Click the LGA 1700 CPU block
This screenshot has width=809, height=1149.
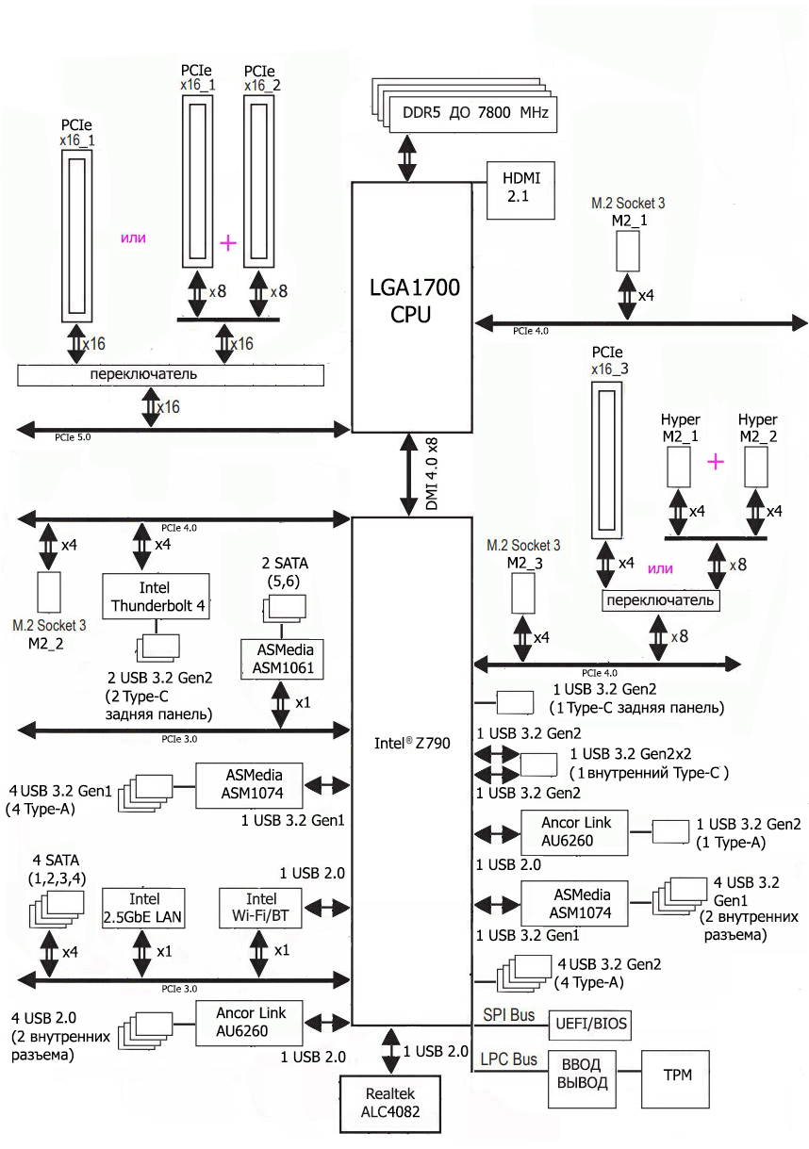[411, 307]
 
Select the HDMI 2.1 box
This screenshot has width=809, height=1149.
[520, 190]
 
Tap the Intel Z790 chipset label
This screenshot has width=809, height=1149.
[412, 744]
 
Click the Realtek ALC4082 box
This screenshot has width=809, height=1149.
[389, 1104]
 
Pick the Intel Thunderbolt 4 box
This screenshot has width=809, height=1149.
[156, 596]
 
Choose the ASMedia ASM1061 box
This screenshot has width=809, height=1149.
[282, 659]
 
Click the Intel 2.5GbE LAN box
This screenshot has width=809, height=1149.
[143, 908]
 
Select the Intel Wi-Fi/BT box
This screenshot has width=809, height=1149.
[260, 908]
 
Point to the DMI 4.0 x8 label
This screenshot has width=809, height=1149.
[432, 473]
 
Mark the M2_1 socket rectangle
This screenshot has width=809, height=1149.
[627, 251]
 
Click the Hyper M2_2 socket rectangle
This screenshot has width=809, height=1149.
[756, 467]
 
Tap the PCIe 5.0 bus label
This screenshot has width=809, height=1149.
[73, 437]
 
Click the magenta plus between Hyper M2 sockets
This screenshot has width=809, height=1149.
[716, 462]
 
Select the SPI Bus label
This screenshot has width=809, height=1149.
[508, 1014]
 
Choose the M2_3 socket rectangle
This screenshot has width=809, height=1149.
[523, 593]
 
